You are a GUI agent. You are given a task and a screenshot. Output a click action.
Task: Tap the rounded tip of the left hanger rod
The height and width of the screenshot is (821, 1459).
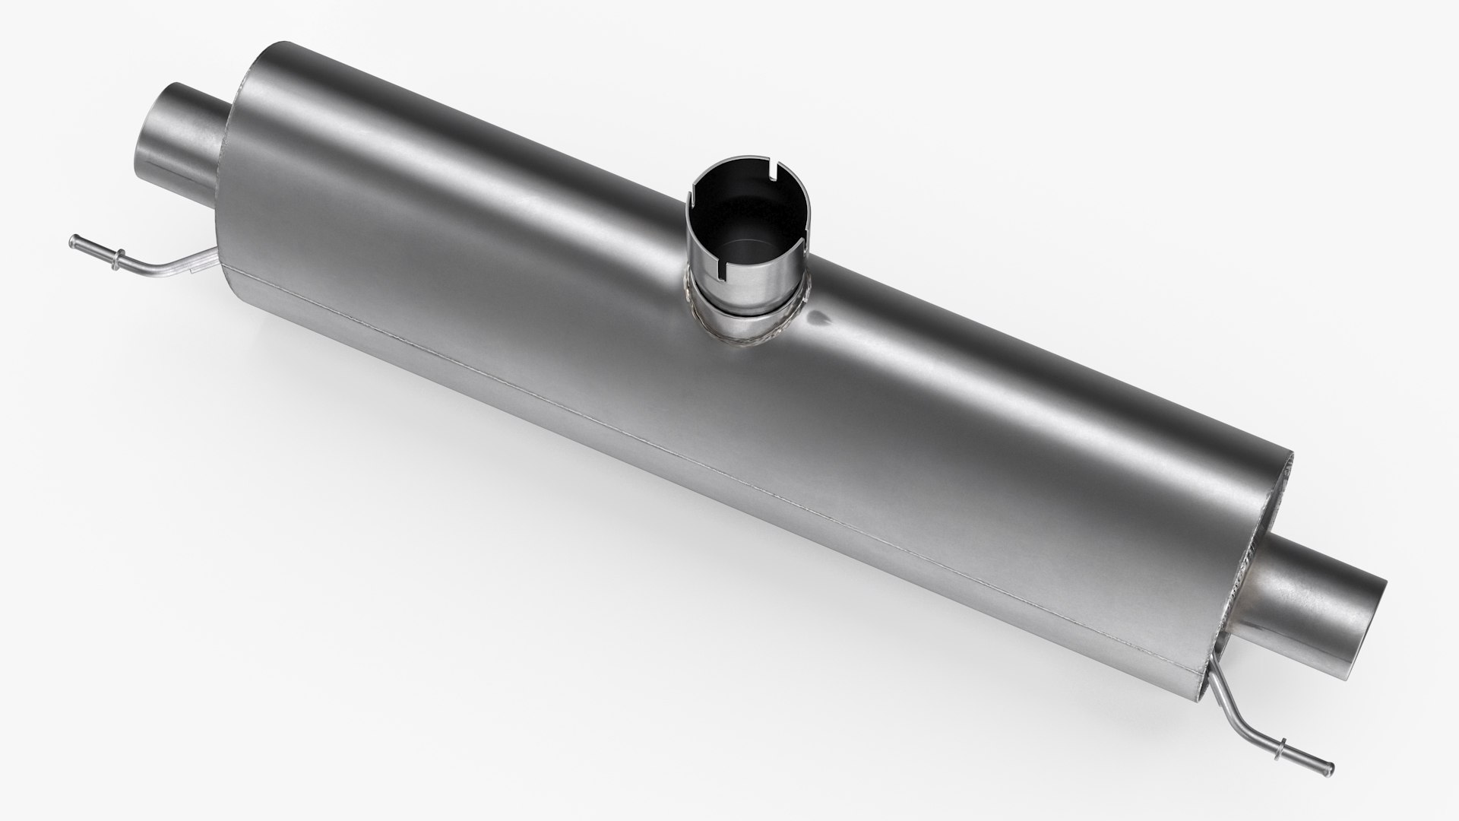(73, 241)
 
